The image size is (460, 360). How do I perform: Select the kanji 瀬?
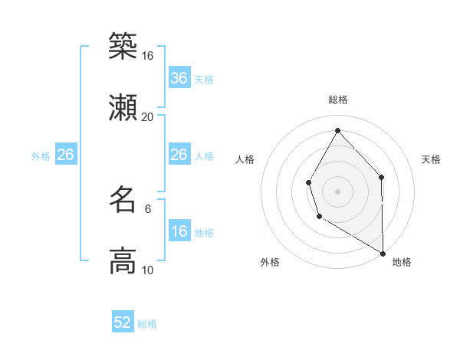point(123,108)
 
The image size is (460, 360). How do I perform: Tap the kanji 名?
point(123,200)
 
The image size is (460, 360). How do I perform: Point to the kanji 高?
point(123,261)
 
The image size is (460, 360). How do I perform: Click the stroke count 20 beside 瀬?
point(148,116)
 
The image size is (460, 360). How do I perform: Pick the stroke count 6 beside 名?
point(148,208)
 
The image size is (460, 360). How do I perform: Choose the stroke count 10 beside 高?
point(148,270)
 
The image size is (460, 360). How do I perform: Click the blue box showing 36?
point(179,78)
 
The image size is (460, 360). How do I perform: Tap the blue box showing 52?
point(123,322)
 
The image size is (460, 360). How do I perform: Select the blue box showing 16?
point(179,231)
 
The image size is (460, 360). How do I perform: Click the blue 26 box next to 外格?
point(66,155)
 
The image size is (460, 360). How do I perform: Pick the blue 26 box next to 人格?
point(179,155)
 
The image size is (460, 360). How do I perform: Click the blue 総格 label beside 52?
point(147,324)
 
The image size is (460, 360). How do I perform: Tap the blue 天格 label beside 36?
point(204,80)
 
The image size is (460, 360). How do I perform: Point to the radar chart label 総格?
point(338,100)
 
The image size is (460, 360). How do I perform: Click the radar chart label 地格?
point(402,262)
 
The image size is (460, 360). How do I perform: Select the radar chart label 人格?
point(245,159)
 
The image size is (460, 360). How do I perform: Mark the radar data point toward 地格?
point(383,253)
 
